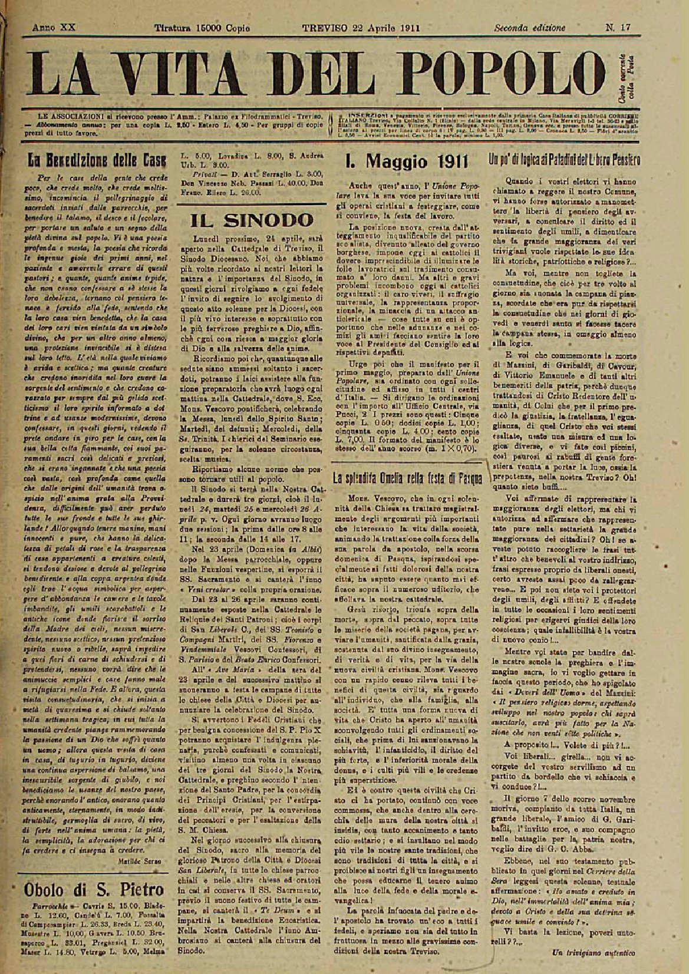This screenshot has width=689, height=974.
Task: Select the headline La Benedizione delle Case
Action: [x=93, y=159]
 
